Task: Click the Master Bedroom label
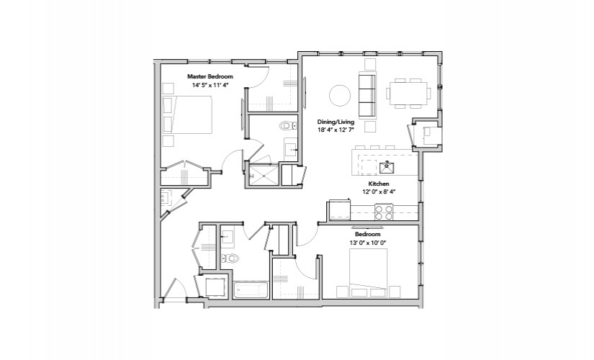pyautogui.click(x=210, y=76)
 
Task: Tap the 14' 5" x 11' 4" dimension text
pyautogui.click(x=210, y=85)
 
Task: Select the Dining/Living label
pyautogui.click(x=336, y=122)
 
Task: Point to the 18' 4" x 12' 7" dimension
pyautogui.click(x=336, y=130)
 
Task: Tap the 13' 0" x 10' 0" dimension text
pyautogui.click(x=367, y=243)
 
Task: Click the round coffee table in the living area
pyautogui.click(x=340, y=95)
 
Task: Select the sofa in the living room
pyautogui.click(x=367, y=95)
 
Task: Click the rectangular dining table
pyautogui.click(x=408, y=93)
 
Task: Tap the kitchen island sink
pyautogui.click(x=387, y=167)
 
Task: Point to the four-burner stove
pyautogui.click(x=383, y=212)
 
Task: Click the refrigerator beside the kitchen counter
pyautogui.click(x=339, y=210)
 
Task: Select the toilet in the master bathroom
pyautogui.click(x=288, y=125)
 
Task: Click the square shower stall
pyautogui.click(x=263, y=175)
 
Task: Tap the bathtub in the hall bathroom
pyautogui.click(x=251, y=291)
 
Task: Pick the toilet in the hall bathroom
pyautogui.click(x=230, y=258)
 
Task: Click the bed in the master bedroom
pyautogui.click(x=187, y=114)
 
